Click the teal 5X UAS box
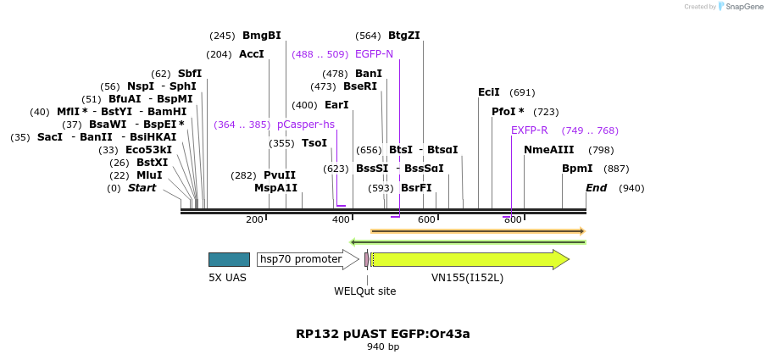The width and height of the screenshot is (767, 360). click(x=229, y=259)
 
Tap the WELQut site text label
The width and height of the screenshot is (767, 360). click(x=364, y=291)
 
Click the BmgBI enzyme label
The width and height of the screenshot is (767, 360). click(x=261, y=36)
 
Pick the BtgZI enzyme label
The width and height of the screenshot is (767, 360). click(x=403, y=36)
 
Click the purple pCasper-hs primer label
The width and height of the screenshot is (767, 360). click(x=305, y=125)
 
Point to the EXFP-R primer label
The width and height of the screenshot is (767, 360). click(x=529, y=130)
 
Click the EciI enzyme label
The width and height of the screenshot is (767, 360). click(x=489, y=92)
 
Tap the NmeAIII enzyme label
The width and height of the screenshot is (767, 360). click(x=548, y=150)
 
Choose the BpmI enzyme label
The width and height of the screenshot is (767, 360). click(x=577, y=169)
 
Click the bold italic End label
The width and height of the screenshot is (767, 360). click(x=596, y=188)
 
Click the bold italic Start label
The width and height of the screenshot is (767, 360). click(x=142, y=188)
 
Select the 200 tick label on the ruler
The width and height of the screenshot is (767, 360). click(x=254, y=220)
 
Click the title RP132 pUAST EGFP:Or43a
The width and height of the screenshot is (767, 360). click(x=383, y=334)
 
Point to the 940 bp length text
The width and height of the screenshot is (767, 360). click(x=383, y=347)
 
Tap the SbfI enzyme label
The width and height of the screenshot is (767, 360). click(x=189, y=74)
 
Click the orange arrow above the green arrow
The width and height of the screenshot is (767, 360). click(x=478, y=230)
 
